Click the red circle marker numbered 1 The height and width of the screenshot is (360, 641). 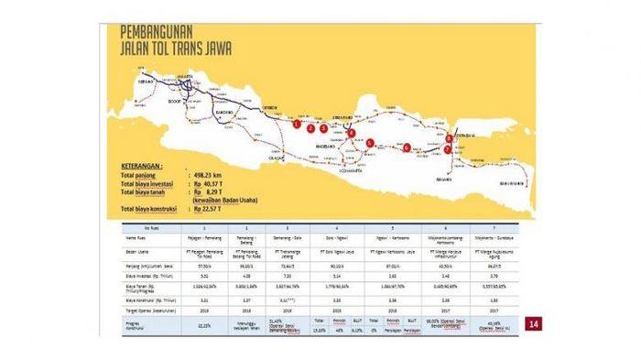tap(297, 123)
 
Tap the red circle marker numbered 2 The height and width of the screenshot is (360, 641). tap(311, 128)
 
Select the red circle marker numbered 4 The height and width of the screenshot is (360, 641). tap(353, 133)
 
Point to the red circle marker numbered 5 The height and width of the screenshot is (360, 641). tap(370, 143)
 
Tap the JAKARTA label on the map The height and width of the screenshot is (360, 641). tap(187, 74)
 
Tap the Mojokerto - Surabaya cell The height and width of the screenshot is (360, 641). tap(482, 235)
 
